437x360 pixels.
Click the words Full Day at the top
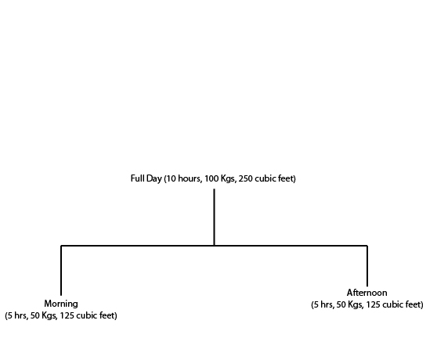[x=146, y=178]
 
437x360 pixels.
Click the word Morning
[x=61, y=304]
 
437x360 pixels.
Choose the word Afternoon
[x=367, y=293]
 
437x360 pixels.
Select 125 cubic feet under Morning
[x=87, y=315]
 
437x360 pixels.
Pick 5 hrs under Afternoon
[x=323, y=304]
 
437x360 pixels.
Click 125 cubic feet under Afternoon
[x=393, y=304]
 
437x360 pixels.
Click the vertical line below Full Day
[x=214, y=217]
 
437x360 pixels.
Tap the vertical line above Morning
[x=61, y=270]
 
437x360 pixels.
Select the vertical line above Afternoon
[x=367, y=266]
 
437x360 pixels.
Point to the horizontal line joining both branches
[x=214, y=246]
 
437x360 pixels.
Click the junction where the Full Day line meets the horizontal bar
[x=214, y=246]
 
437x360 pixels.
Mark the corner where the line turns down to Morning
[x=61, y=246]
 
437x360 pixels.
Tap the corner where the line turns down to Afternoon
[x=367, y=246]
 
